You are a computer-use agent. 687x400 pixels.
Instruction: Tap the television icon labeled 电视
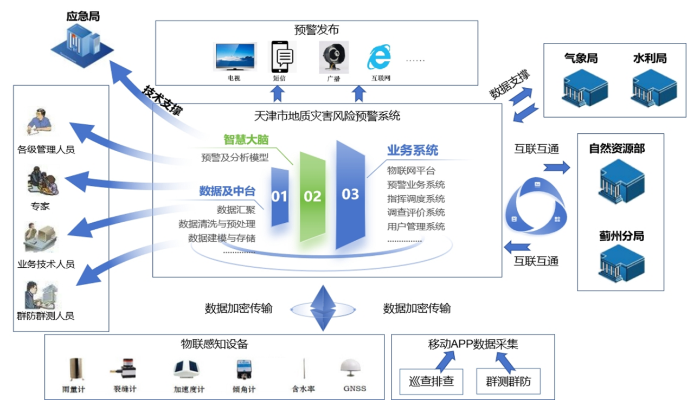tap(235, 56)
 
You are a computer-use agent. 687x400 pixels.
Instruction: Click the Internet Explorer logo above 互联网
tap(378, 56)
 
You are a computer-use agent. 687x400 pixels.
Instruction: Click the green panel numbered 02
tap(312, 196)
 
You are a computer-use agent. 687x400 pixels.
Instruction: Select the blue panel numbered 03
tap(350, 193)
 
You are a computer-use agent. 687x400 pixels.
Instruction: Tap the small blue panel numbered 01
tap(279, 196)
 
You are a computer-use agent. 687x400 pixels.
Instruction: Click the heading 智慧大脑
tap(246, 139)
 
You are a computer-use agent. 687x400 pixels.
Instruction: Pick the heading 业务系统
tap(413, 150)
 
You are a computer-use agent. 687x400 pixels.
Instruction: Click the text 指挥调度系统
tap(416, 198)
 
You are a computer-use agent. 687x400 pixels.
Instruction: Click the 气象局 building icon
tap(581, 87)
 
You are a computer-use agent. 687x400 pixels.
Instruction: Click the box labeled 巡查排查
tap(431, 382)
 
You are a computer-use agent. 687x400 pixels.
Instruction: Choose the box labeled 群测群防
tap(508, 382)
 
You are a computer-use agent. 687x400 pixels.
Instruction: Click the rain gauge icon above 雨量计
tap(74, 369)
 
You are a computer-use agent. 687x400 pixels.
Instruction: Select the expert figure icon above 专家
tap(42, 183)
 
